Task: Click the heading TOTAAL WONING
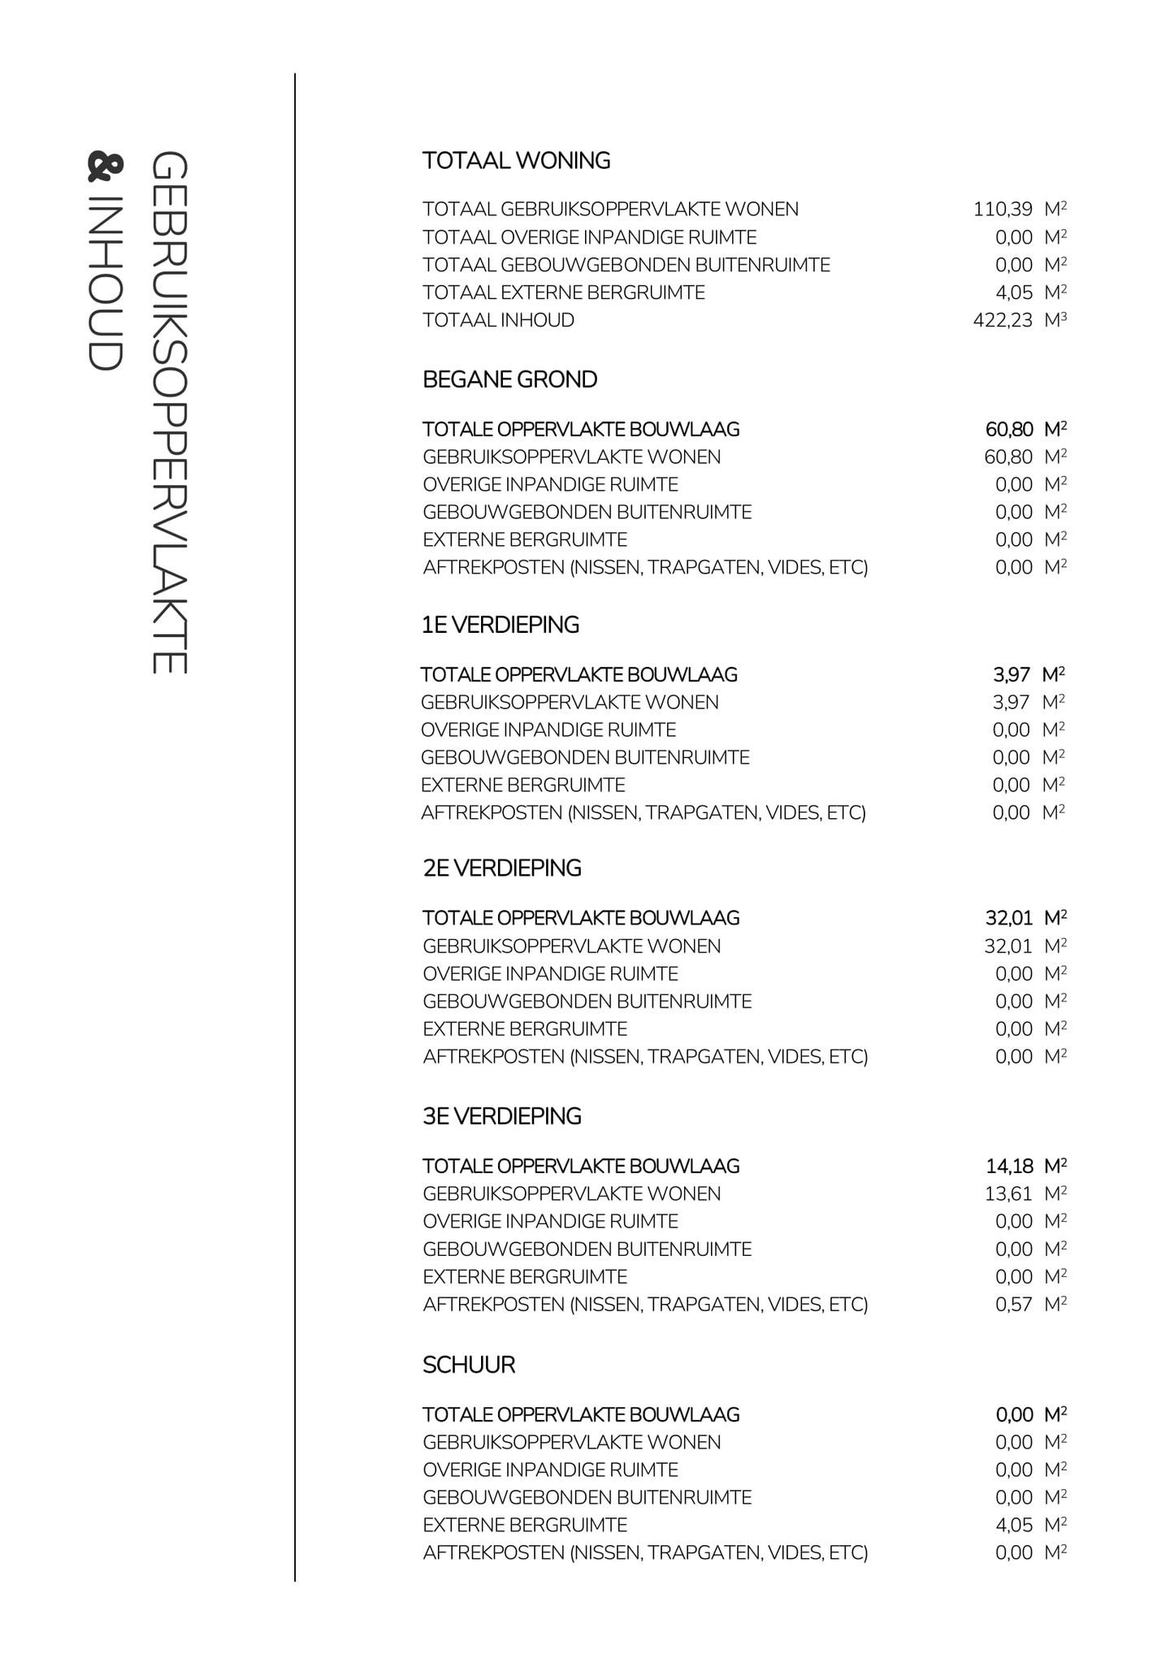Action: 516,161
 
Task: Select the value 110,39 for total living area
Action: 1003,210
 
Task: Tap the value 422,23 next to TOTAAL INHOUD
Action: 1003,320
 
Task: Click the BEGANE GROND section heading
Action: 509,379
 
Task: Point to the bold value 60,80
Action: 1008,429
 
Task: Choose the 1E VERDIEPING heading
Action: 500,625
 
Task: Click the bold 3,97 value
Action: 1011,674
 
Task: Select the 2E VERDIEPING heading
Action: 502,868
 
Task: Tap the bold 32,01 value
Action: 1008,918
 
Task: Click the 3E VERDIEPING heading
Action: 502,1116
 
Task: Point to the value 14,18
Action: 1009,1167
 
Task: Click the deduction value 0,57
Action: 1013,1305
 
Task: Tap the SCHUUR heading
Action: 469,1365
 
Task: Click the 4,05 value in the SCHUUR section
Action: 1013,1525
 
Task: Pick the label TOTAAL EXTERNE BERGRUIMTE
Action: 563,292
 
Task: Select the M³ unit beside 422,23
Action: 1055,320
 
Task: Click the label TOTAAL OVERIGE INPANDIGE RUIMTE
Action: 589,237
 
